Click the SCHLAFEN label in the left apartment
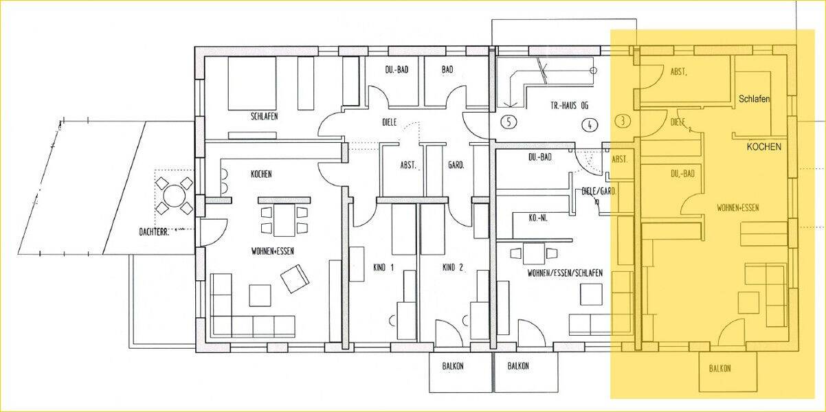pyautogui.click(x=264, y=117)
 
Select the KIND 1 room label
pyautogui.click(x=383, y=268)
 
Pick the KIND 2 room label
pyautogui.click(x=452, y=268)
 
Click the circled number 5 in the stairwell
pyautogui.click(x=509, y=122)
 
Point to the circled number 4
pyautogui.click(x=590, y=125)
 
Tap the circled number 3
pyautogui.click(x=623, y=121)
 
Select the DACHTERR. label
pyautogui.click(x=154, y=232)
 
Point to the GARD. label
pyautogui.click(x=456, y=165)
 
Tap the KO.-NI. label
pyautogui.click(x=538, y=218)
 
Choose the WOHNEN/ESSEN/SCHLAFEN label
pyautogui.click(x=565, y=273)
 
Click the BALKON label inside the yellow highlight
pyautogui.click(x=719, y=368)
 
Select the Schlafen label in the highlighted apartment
pyautogui.click(x=754, y=99)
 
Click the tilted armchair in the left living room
pyautogui.click(x=295, y=279)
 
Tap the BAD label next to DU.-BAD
pyautogui.click(x=447, y=69)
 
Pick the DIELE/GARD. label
pyautogui.click(x=599, y=192)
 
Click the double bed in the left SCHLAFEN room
pyautogui.click(x=252, y=83)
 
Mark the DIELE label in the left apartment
pyautogui.click(x=390, y=122)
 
